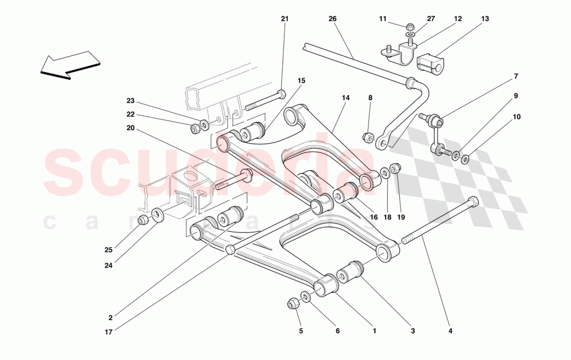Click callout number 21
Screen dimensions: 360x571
(x=284, y=19)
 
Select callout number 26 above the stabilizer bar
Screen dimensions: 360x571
(x=332, y=19)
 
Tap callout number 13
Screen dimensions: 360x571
(x=485, y=19)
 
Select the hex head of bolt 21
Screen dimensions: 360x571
(x=281, y=94)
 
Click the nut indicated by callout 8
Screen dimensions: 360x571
(x=368, y=137)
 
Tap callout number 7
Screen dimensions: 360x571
(x=516, y=77)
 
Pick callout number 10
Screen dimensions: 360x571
(x=516, y=117)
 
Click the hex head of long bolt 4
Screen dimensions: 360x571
(x=472, y=201)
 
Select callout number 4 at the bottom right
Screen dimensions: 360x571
(x=450, y=330)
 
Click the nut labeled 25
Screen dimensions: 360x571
(x=144, y=220)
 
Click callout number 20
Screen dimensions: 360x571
(x=130, y=128)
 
